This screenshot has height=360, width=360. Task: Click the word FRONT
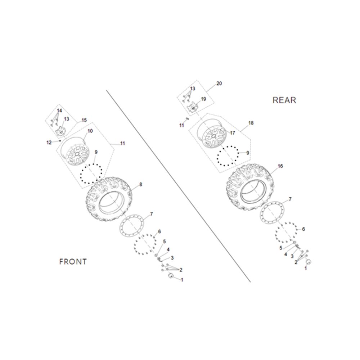tap(73, 262)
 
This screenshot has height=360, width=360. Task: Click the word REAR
tap(284, 100)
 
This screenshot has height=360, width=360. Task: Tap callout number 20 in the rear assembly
tap(219, 84)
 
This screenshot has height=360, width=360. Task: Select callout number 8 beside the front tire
tap(141, 184)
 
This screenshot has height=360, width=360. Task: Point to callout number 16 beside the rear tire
tap(280, 166)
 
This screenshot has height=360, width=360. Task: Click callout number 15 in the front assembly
tap(84, 120)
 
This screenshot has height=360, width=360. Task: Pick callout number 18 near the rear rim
tap(251, 123)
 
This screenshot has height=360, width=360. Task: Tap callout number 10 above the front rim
tap(90, 131)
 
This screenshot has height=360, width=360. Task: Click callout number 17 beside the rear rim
tap(233, 133)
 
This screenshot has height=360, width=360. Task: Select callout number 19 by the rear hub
tap(203, 99)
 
